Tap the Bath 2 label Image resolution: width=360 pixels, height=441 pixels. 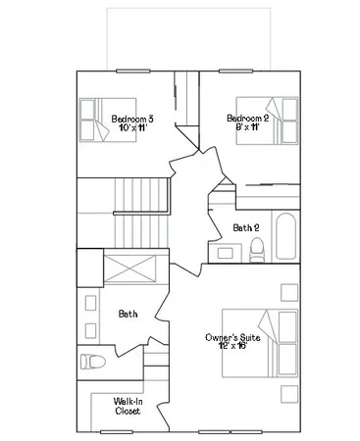point(245,228)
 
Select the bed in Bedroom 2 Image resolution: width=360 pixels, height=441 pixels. point(270,122)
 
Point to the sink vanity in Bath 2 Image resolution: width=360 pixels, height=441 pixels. point(226,253)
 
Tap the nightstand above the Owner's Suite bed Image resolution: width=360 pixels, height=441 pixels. point(289,293)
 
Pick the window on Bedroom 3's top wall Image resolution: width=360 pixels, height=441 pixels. point(130,71)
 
